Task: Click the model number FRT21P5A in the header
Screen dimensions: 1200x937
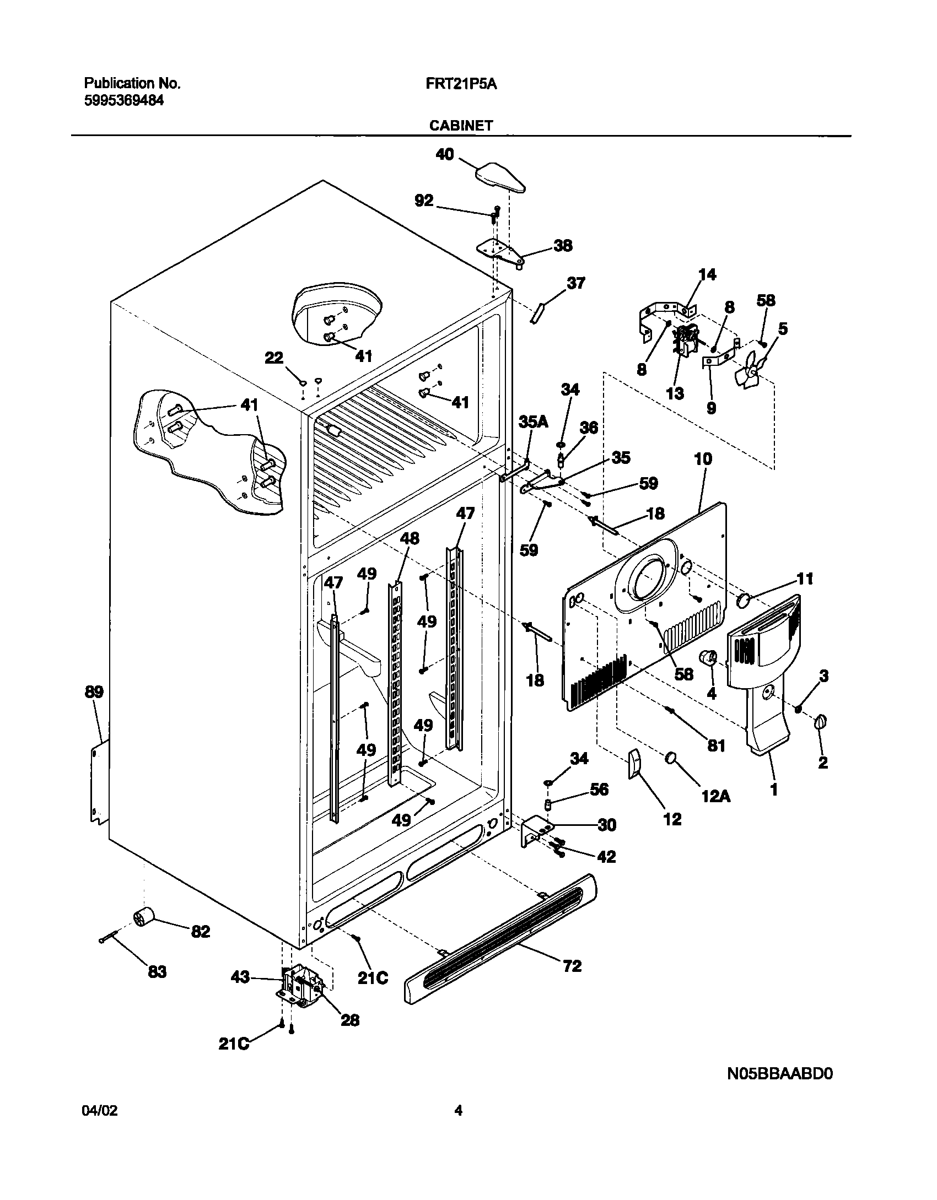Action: coord(461,84)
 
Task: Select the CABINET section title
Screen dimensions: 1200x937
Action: coord(461,126)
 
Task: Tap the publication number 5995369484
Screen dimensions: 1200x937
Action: coord(123,101)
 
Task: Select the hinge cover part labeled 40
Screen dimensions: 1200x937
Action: coord(499,178)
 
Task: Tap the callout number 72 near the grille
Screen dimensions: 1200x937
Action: coord(573,966)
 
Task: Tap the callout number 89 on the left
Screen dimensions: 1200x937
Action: coord(94,692)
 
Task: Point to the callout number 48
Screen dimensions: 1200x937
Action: coord(410,538)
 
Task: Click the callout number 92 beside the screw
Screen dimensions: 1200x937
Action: coord(424,201)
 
